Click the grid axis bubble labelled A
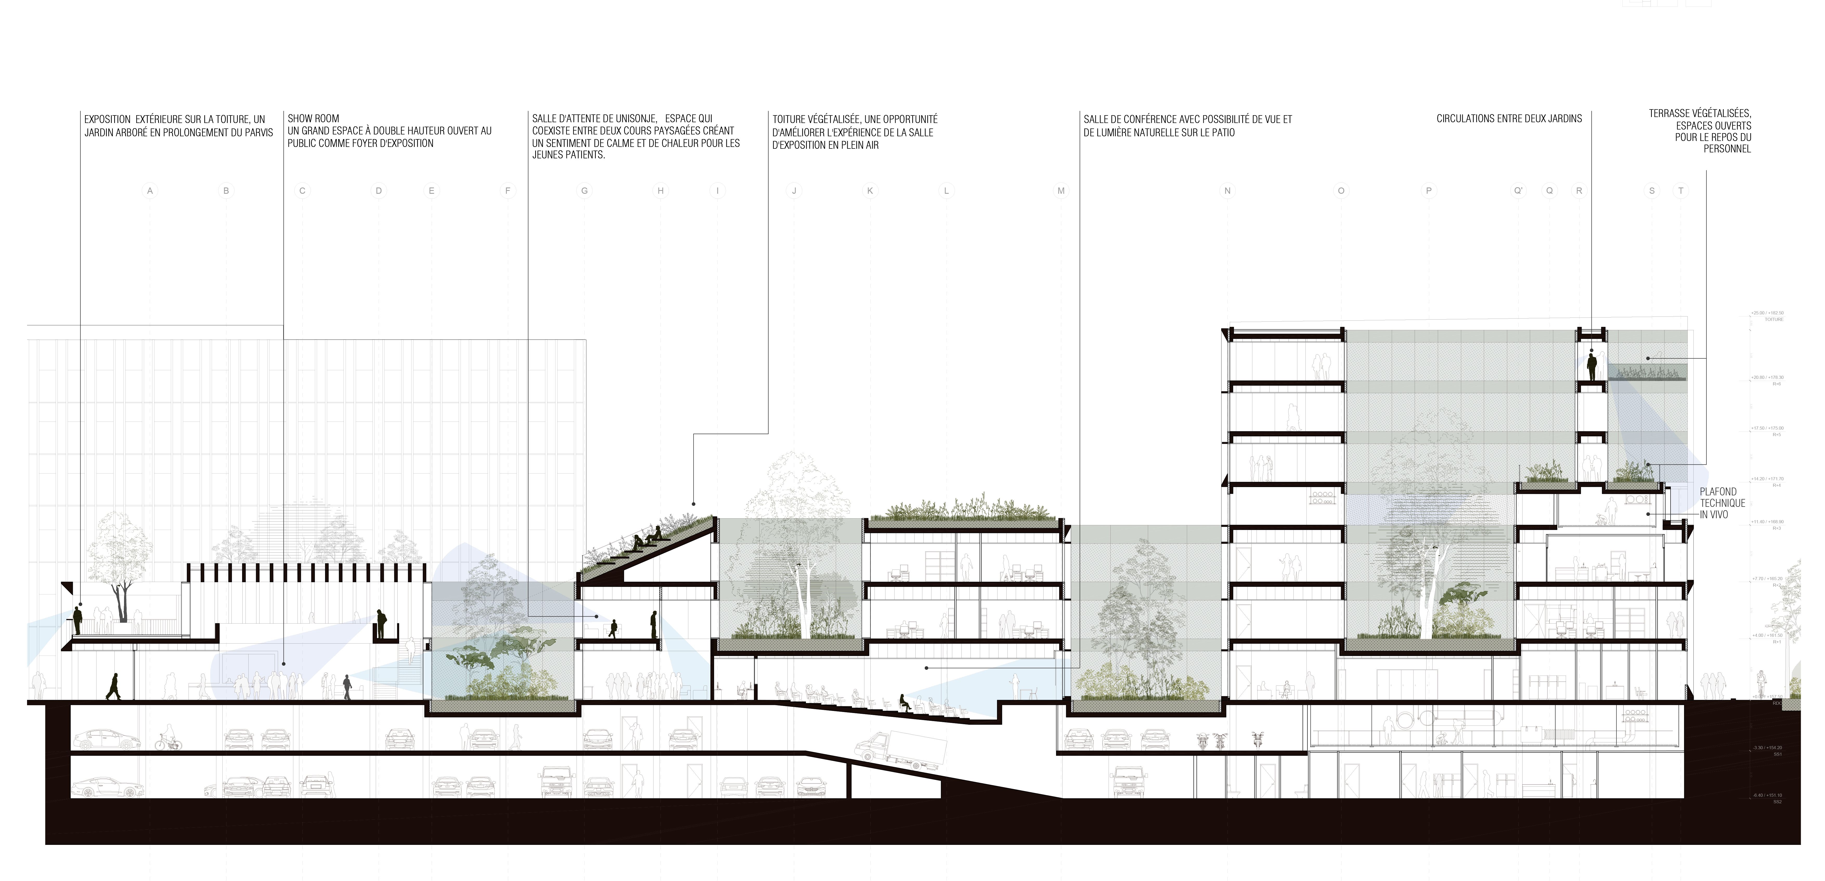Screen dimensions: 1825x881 [x=150, y=191]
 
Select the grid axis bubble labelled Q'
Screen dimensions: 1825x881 [x=1518, y=191]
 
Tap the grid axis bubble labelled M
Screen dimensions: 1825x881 [x=1060, y=191]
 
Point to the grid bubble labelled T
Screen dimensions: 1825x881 [x=1680, y=191]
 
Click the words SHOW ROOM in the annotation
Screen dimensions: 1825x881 [x=313, y=118]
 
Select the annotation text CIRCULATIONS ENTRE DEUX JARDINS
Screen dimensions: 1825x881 [x=1509, y=118]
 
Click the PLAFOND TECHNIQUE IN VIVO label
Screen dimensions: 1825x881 [x=1722, y=503]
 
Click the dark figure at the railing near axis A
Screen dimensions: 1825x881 [x=78, y=620]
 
